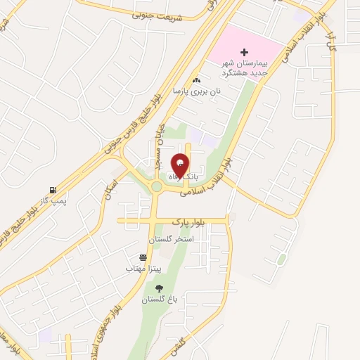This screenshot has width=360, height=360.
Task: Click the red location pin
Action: click(181, 166)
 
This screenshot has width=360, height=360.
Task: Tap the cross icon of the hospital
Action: click(245, 52)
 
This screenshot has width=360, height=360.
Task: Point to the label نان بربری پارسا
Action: click(198, 91)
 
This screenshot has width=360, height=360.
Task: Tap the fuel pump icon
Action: click(53, 189)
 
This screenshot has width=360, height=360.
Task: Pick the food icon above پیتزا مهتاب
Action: click(143, 257)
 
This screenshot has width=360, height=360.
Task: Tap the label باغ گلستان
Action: click(157, 300)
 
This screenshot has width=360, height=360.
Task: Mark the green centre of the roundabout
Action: click(157, 186)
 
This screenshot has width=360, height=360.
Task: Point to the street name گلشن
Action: click(178, 345)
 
